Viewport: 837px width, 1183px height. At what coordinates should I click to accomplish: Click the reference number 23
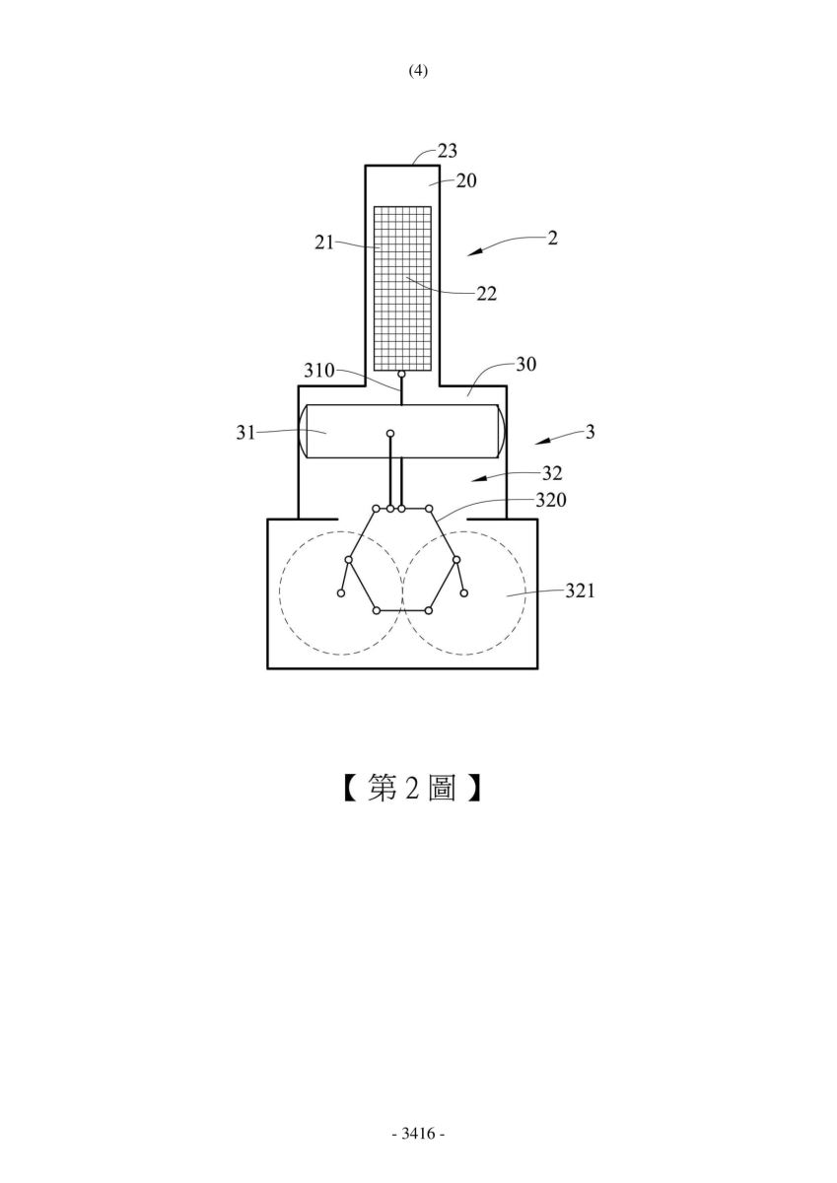[447, 151]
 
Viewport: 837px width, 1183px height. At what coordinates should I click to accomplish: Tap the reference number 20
[466, 181]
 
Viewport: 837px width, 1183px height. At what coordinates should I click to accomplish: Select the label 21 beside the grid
[324, 243]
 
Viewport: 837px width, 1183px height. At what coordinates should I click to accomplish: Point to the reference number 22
[486, 294]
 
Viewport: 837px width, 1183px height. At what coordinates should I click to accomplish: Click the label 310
[319, 371]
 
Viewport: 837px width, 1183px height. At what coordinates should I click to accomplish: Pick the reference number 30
[525, 364]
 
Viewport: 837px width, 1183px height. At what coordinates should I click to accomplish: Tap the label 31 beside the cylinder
[245, 433]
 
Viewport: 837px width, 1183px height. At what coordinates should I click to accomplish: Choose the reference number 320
[551, 500]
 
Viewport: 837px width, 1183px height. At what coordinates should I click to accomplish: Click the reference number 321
[580, 591]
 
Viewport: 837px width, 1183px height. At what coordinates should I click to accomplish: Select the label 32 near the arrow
[552, 473]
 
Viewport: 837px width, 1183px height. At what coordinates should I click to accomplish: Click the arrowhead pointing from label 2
[473, 252]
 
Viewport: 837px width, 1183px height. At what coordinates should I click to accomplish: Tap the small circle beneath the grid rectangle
[401, 375]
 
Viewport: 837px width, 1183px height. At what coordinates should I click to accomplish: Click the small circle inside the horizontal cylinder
[390, 434]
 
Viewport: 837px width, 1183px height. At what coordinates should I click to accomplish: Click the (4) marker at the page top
[418, 71]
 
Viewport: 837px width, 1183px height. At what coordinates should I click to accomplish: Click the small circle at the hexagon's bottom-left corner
[377, 610]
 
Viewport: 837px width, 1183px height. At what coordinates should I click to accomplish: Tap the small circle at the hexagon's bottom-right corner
[429, 610]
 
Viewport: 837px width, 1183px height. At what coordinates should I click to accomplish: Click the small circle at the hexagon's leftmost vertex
[349, 559]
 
